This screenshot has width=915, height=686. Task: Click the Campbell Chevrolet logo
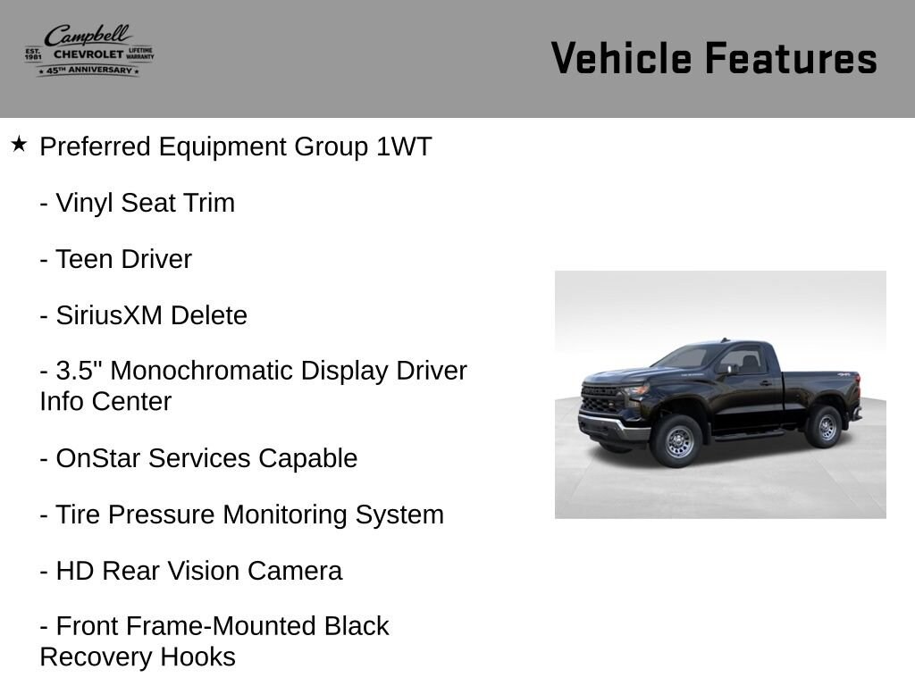point(89,50)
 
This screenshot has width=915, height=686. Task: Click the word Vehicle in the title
point(622,58)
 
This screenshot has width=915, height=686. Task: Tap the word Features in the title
point(791,58)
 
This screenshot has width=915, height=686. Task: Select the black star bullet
point(19,144)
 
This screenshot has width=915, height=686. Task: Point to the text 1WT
point(404,146)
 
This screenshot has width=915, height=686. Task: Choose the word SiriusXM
point(109,315)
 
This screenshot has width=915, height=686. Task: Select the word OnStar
point(97,458)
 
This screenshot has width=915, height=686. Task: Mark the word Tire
point(78,515)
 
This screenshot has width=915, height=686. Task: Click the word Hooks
point(197,657)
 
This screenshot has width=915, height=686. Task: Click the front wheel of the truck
point(677,440)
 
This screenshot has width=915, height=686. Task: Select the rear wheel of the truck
point(825,427)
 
